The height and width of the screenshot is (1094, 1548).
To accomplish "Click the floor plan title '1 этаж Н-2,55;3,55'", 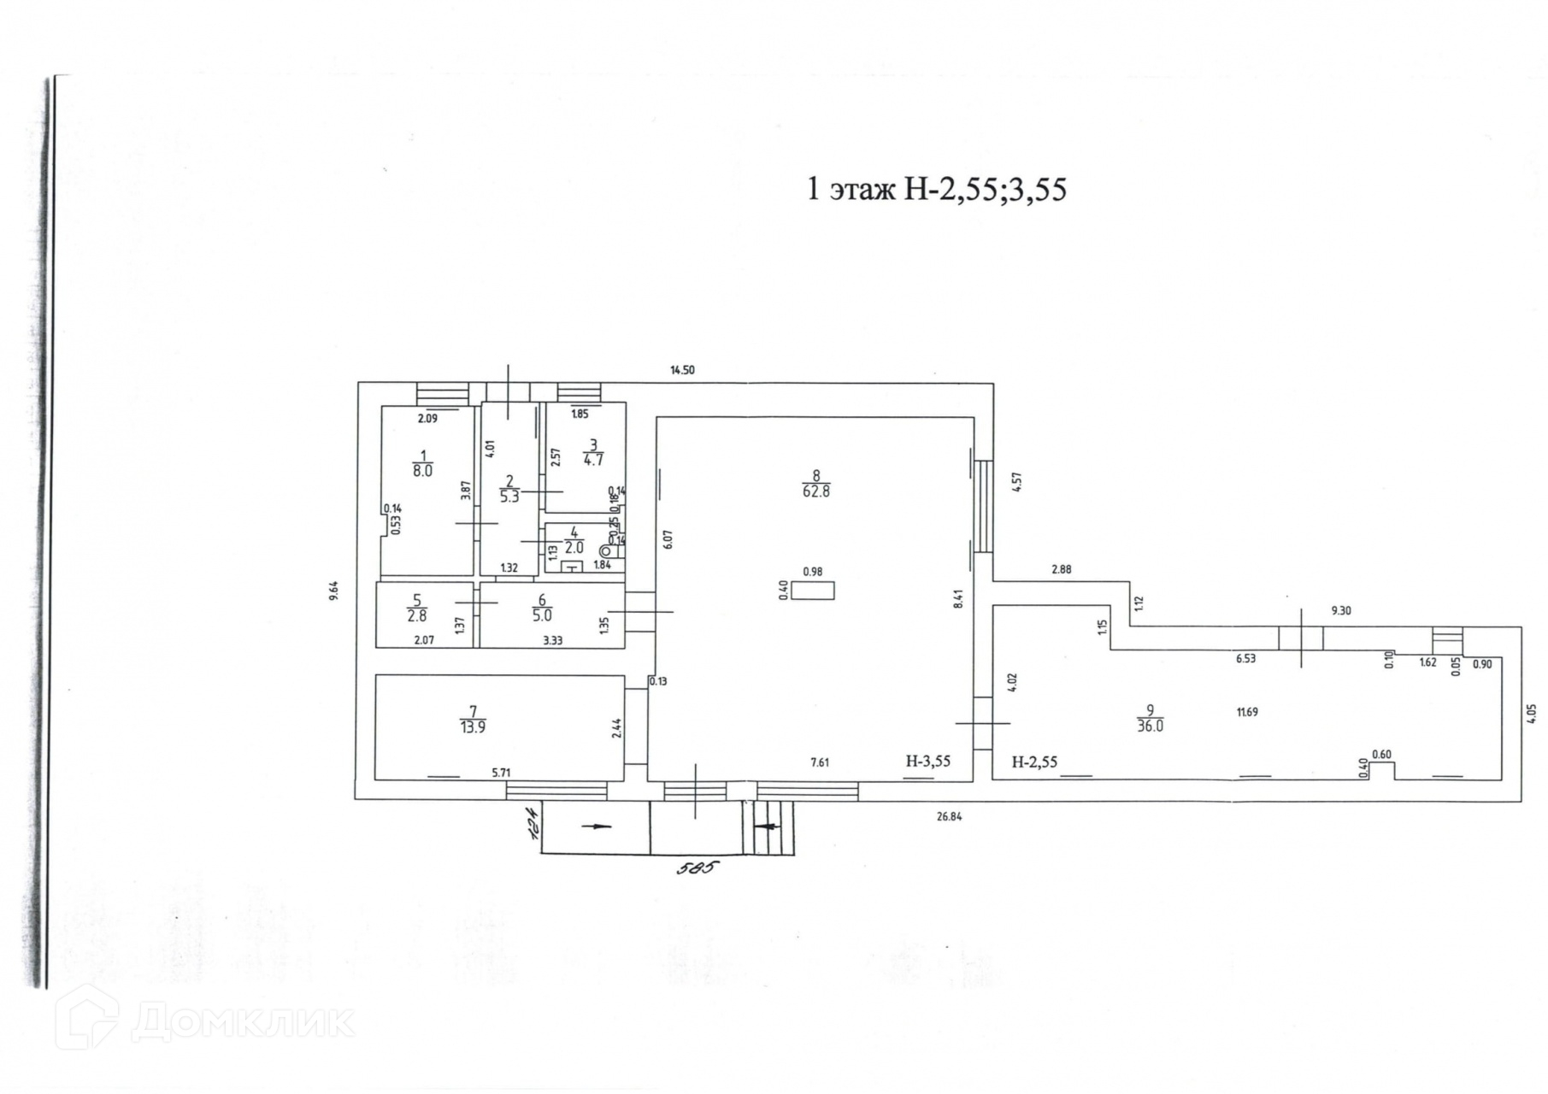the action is (937, 189).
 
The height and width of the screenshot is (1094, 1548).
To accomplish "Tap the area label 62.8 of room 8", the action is (815, 491).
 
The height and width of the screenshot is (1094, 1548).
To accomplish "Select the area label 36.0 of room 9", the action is (1150, 726).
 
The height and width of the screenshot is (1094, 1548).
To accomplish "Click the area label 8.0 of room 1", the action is (422, 470).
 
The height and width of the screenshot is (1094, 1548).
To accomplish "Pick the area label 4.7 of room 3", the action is (593, 459).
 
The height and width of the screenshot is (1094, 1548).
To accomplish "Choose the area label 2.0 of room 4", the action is (574, 548).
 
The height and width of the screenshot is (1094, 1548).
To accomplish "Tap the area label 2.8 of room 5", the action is (416, 615).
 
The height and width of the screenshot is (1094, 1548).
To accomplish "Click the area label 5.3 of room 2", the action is (509, 497).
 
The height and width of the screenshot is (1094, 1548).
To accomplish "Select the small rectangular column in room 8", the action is (812, 591).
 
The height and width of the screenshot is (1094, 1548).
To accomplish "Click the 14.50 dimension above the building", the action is (682, 370).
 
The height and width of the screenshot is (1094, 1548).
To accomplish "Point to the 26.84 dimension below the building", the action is (949, 816).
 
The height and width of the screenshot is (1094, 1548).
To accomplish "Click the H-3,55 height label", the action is (927, 762).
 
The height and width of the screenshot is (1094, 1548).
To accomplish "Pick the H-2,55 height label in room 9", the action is (1034, 762).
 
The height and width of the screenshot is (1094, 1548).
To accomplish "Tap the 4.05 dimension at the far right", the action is (1531, 713).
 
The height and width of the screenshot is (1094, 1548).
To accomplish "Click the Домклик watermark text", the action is (243, 1020).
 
